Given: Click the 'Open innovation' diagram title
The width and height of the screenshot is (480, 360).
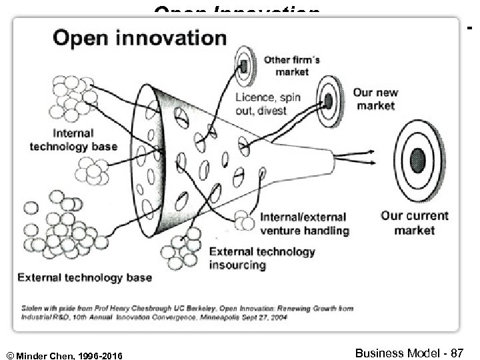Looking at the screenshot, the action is point(139,37).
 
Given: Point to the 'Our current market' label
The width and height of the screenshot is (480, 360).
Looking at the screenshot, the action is point(414,223).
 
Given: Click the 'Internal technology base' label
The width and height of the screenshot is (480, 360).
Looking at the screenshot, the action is point(73,139).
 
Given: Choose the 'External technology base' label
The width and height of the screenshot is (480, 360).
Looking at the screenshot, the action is point(85,277).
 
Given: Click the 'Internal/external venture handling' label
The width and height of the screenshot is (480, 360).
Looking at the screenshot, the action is point(303,224).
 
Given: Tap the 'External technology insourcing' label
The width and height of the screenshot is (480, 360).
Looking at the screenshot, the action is point(263,258).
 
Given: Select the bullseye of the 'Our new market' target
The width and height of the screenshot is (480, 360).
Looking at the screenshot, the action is point(329,100).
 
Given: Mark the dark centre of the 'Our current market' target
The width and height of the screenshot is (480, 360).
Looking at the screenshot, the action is point(418,160).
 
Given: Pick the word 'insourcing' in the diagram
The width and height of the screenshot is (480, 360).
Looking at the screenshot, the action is point(237,265).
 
